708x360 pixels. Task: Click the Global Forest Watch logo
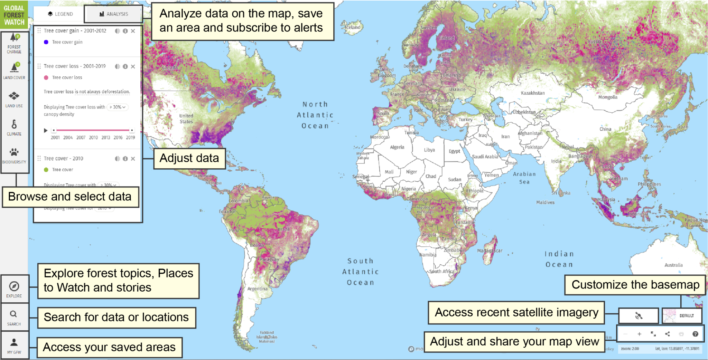click(x=14, y=15)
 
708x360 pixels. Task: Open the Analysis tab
click(x=113, y=14)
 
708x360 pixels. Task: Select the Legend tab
click(x=60, y=14)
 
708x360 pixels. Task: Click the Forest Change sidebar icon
click(x=14, y=43)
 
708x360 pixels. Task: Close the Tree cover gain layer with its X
click(x=133, y=31)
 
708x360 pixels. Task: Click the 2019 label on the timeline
click(x=130, y=138)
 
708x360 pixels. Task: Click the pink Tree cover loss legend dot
click(x=46, y=78)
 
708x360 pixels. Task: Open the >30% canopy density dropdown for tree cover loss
click(x=118, y=107)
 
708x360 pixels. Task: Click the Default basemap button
click(x=682, y=315)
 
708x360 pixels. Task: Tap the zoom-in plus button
click(x=639, y=334)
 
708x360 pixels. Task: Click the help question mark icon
click(x=695, y=334)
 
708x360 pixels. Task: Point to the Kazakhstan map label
click(x=533, y=93)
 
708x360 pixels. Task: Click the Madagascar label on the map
click(x=490, y=251)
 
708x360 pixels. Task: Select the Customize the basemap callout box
click(x=635, y=285)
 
